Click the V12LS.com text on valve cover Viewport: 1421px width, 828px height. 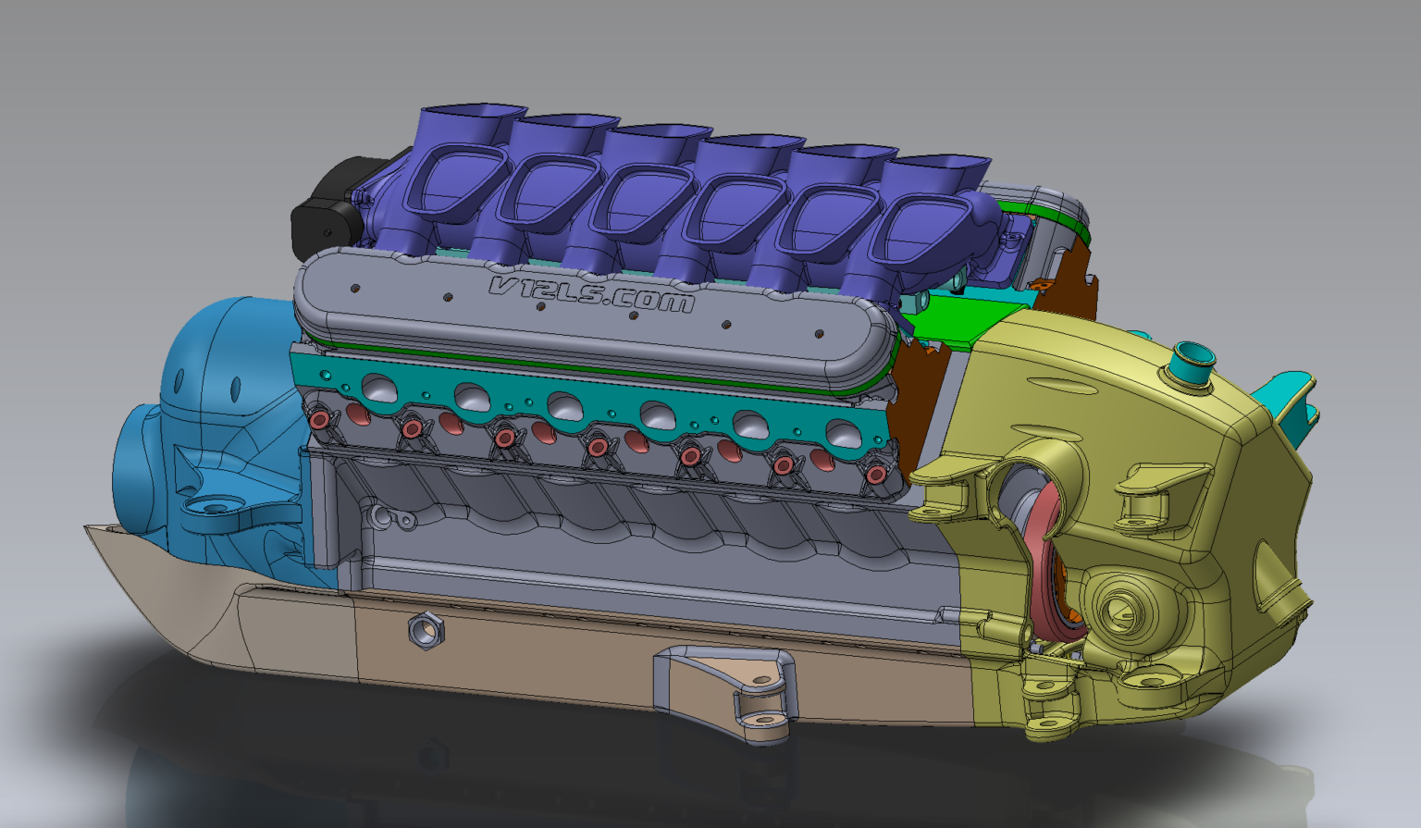click(592, 295)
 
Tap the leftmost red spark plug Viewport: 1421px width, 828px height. click(320, 419)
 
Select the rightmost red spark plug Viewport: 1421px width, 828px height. click(875, 475)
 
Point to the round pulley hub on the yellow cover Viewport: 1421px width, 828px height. click(1124, 606)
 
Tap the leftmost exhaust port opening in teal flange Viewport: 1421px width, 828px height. click(380, 388)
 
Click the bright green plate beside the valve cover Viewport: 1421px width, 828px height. click(944, 324)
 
